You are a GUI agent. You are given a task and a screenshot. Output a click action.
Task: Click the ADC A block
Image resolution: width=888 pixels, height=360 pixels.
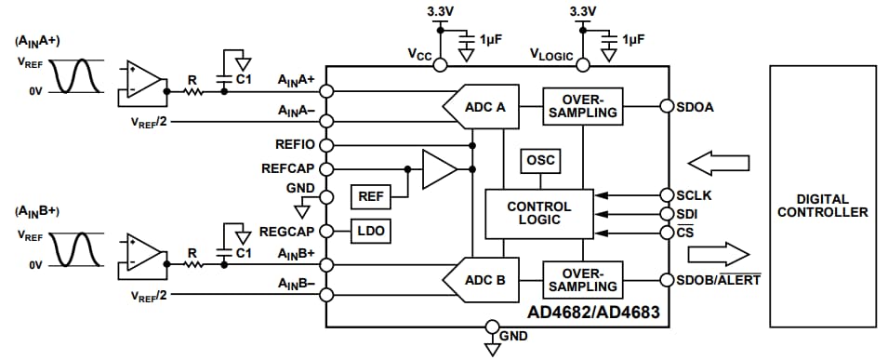(x=484, y=107)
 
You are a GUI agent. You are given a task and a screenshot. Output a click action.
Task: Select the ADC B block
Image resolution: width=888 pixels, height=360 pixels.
(x=484, y=280)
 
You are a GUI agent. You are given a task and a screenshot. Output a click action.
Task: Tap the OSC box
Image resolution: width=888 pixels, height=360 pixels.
(x=540, y=161)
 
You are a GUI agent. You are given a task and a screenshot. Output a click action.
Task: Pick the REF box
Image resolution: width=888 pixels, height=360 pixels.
(x=369, y=196)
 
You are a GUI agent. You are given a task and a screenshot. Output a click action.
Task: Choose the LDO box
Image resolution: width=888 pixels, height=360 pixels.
(x=369, y=230)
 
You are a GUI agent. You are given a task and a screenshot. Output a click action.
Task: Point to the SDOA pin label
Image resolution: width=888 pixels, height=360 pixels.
(x=695, y=106)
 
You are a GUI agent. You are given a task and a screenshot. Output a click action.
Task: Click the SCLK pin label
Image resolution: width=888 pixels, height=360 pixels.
(x=694, y=195)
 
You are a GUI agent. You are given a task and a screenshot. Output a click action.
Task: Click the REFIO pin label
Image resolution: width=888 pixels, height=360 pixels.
(x=296, y=145)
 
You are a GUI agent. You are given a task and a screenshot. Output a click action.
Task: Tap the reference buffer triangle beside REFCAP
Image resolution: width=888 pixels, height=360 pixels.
(x=438, y=169)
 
